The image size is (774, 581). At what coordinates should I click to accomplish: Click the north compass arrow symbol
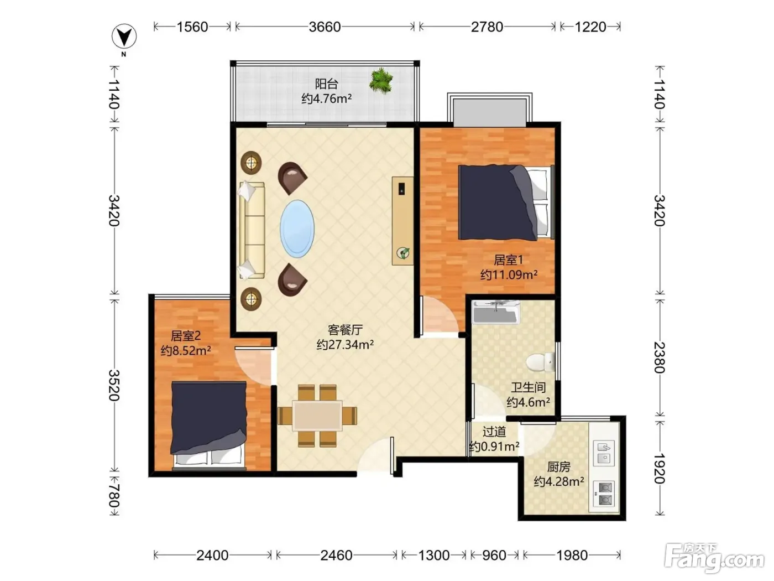click(x=124, y=37)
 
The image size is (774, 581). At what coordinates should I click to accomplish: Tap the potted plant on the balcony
click(x=381, y=81)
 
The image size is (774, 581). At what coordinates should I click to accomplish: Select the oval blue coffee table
click(x=297, y=229)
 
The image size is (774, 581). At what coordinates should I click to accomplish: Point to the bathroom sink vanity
click(x=495, y=312)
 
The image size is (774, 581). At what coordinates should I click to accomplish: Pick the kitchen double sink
click(x=605, y=452)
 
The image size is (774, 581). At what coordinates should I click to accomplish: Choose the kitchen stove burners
click(x=605, y=493)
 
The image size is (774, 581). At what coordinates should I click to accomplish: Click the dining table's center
click(x=317, y=416)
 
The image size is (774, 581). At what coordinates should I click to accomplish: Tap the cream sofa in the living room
click(x=252, y=231)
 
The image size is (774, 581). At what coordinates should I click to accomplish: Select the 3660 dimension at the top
click(x=325, y=27)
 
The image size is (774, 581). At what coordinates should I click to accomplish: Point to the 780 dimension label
click(x=113, y=495)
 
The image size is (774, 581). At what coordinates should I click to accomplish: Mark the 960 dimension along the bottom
click(x=494, y=555)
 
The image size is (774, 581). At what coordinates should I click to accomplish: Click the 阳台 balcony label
click(x=327, y=84)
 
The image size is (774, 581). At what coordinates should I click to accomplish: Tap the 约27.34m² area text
click(x=345, y=344)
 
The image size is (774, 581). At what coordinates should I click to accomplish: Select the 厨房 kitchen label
click(x=558, y=467)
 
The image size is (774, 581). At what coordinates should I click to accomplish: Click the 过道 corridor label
click(x=494, y=432)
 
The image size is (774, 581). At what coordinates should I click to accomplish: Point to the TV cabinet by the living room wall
click(x=402, y=221)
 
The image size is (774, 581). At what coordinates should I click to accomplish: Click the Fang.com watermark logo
click(x=714, y=558)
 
